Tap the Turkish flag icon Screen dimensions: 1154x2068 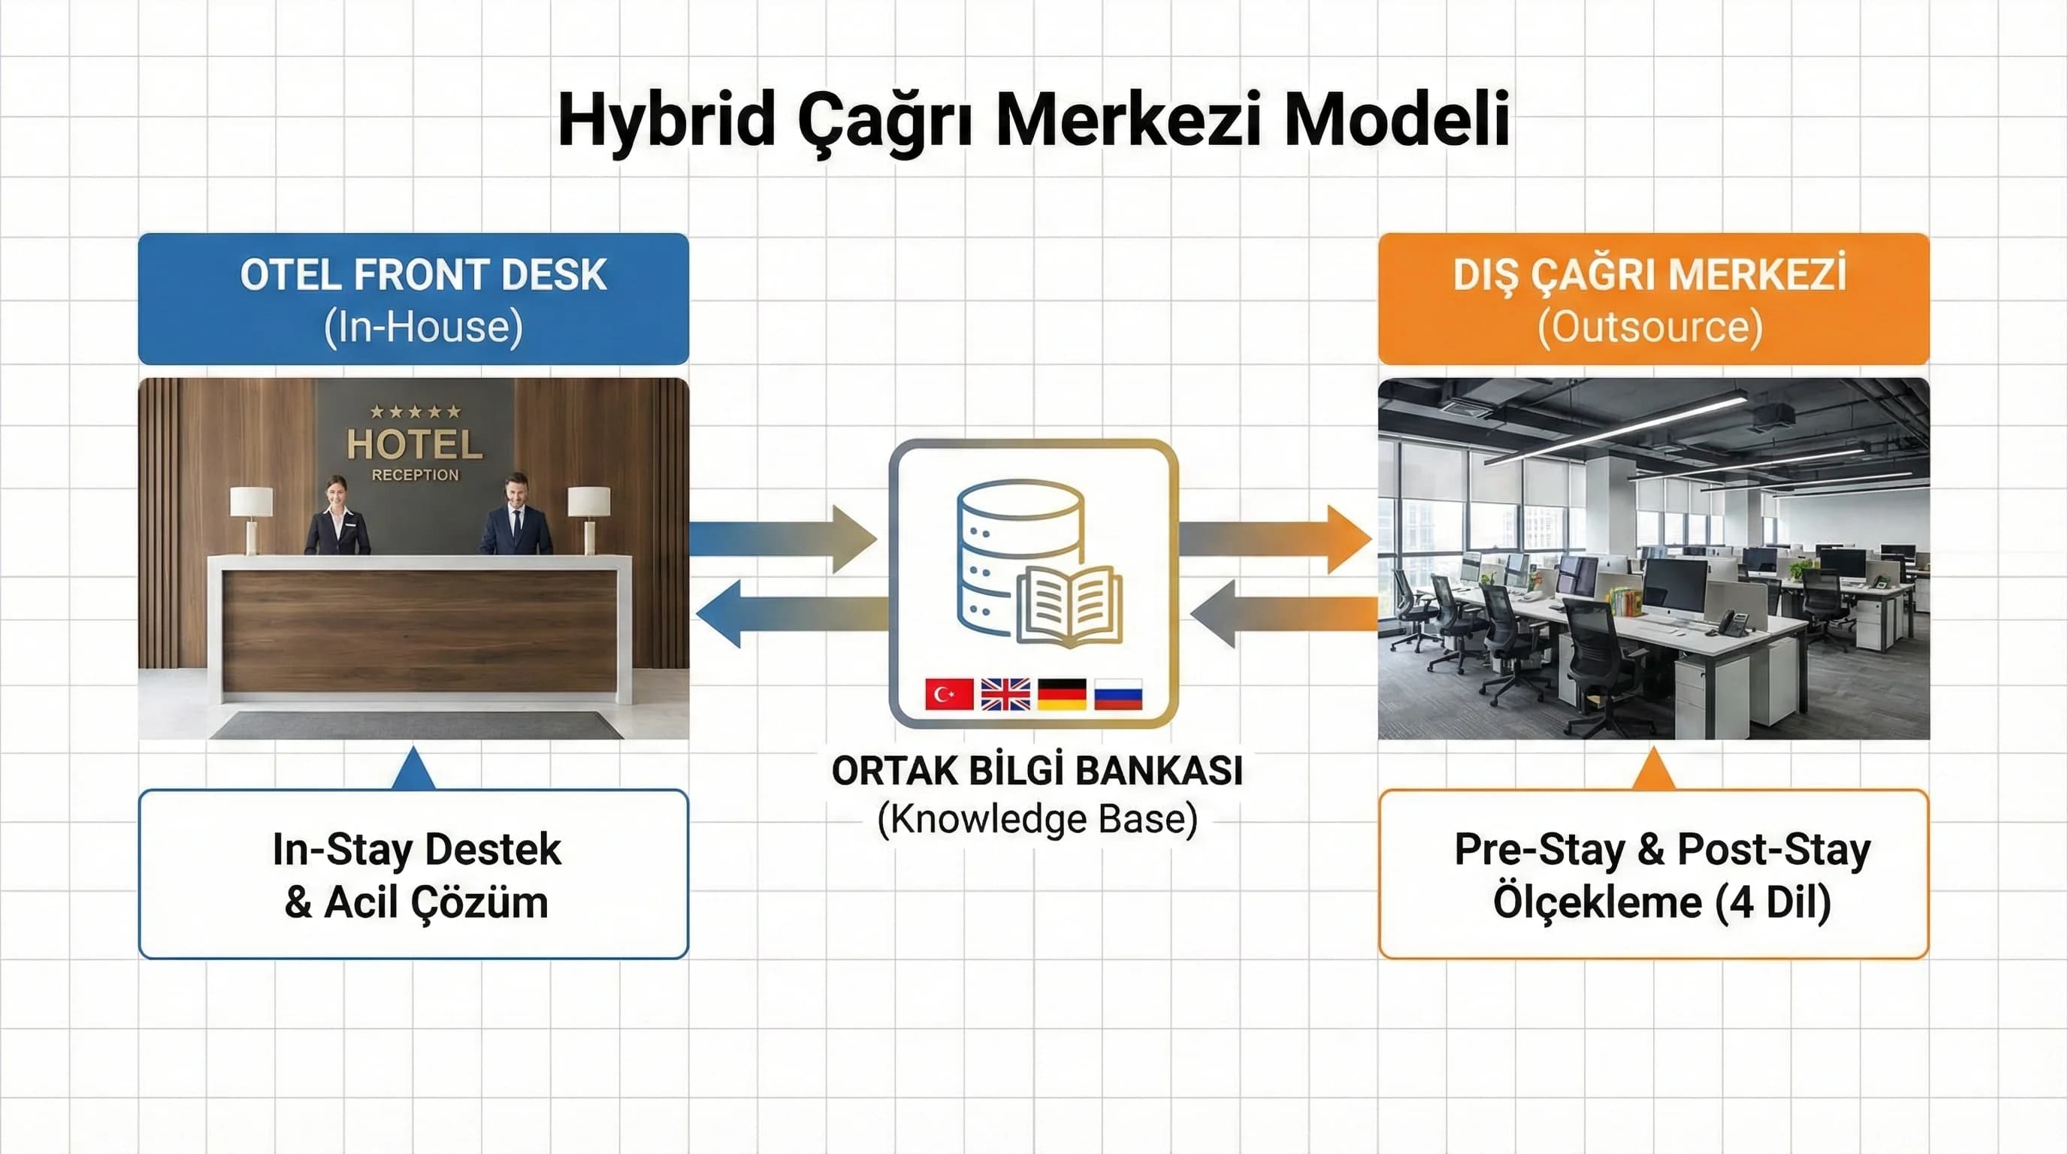coord(948,694)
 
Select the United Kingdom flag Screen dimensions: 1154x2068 coord(1005,694)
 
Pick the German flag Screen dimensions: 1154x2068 coord(1061,694)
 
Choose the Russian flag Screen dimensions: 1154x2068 coord(1117,694)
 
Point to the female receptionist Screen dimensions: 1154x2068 coord(337,518)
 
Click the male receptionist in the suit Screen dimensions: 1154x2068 coord(516,518)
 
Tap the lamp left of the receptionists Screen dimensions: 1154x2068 coord(251,518)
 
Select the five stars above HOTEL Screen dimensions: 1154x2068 coord(415,412)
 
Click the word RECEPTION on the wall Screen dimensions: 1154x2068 coord(415,475)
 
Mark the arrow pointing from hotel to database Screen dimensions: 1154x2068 coord(783,539)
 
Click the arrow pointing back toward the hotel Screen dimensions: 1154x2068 coord(791,614)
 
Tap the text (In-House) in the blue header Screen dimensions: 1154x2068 coord(423,328)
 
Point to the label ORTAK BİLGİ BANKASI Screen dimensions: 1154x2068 coord(1036,771)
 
